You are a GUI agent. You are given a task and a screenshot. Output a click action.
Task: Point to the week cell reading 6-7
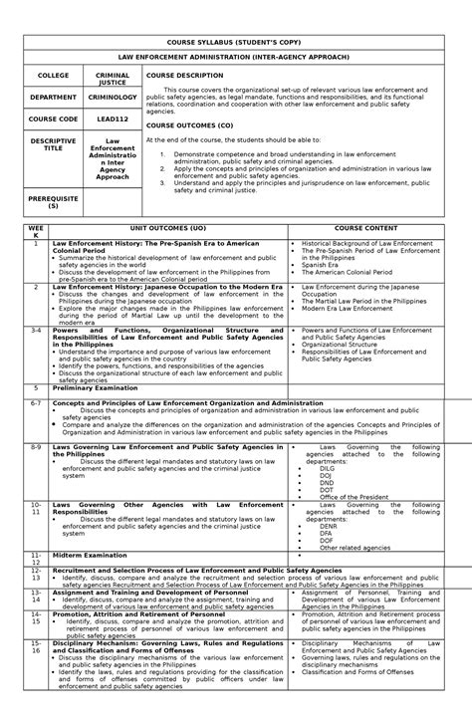36,403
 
